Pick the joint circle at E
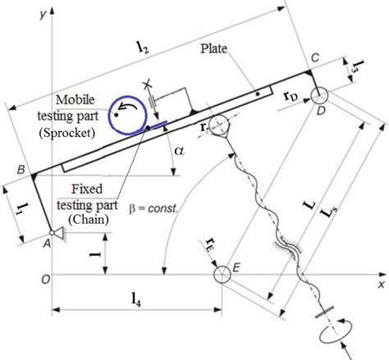tap(222, 275)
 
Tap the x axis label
tap(380, 285)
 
